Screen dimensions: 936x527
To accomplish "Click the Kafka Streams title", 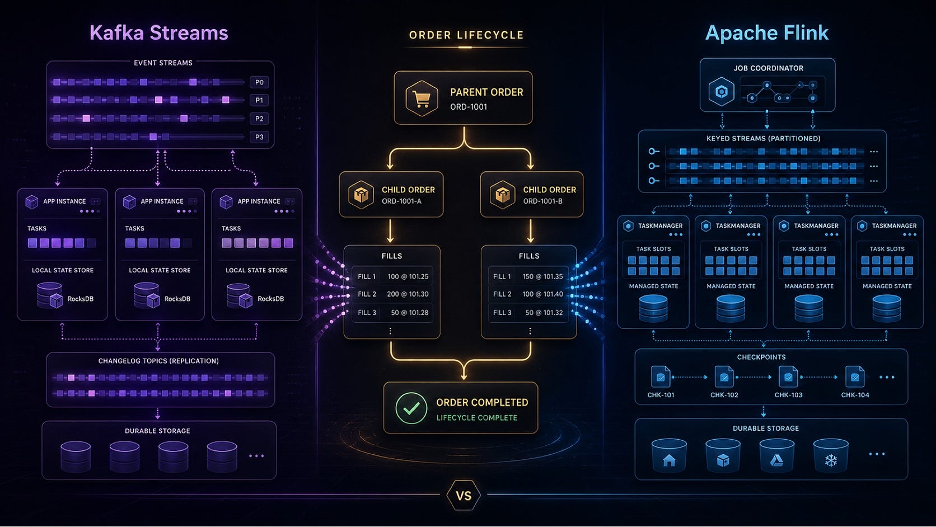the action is (x=159, y=32).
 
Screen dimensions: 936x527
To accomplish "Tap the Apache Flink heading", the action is (x=767, y=33).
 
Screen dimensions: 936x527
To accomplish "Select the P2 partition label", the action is (x=259, y=119).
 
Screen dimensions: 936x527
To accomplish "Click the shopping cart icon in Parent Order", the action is (x=422, y=98).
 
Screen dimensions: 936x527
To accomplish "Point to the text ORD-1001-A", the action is (x=401, y=201).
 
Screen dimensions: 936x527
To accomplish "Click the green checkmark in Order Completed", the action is (x=411, y=408).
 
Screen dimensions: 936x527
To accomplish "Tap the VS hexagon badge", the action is (x=464, y=496).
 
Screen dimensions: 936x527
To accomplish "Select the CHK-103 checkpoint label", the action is (x=789, y=395).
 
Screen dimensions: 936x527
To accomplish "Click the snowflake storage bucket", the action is (x=831, y=455).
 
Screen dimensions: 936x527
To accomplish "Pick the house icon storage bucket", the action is (x=669, y=455).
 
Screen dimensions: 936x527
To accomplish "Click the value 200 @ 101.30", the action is (x=408, y=294).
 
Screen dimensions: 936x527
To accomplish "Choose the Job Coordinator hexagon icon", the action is (x=721, y=91).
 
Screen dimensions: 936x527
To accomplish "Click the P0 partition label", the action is (x=259, y=82).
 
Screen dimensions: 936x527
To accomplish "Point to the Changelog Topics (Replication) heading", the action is (x=158, y=361).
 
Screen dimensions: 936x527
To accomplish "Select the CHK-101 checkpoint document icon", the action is (x=661, y=377).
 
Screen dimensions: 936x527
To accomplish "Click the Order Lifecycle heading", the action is (x=466, y=35).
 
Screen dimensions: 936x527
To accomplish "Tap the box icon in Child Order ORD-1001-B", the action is (x=502, y=195).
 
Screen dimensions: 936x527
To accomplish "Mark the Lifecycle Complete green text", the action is (x=477, y=418).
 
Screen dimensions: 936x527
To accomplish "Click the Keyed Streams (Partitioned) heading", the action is (x=764, y=139).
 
